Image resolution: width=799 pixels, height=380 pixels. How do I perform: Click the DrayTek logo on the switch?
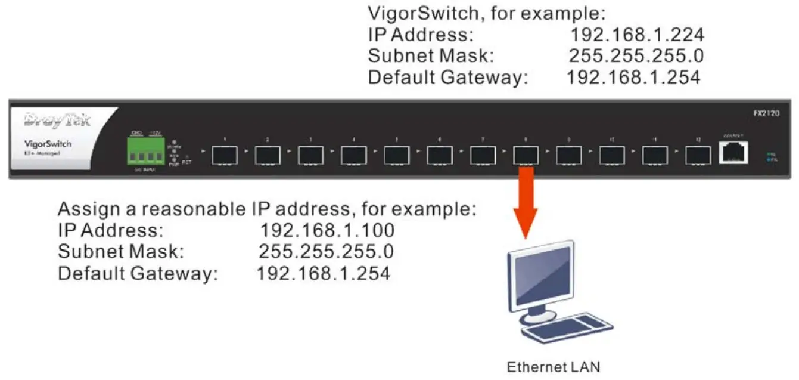click(58, 121)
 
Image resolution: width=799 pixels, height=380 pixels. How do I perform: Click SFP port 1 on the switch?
click(225, 156)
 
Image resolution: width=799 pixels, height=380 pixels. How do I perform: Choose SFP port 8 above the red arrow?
click(526, 156)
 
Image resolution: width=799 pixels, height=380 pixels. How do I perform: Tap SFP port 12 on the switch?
click(698, 156)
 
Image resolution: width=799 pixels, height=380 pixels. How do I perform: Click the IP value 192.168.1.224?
click(637, 34)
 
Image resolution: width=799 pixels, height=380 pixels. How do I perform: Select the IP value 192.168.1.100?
click(327, 230)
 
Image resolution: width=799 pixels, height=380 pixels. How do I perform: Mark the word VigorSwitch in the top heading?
click(425, 13)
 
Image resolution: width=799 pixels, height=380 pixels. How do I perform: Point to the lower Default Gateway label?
click(138, 274)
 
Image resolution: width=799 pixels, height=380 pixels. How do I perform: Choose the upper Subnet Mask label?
click(431, 56)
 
